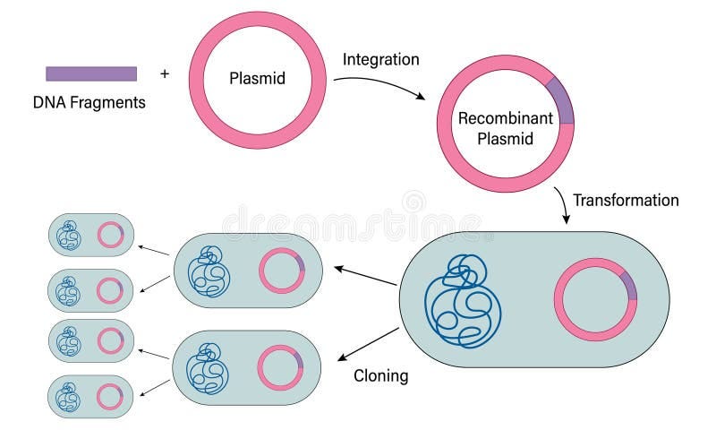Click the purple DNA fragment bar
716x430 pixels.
pos(91,73)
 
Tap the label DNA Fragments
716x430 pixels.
pos(89,102)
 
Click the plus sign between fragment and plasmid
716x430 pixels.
pos(164,73)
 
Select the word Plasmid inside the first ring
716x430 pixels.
pos(256,78)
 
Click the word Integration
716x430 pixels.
pos(380,60)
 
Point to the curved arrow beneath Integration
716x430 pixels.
pos(380,85)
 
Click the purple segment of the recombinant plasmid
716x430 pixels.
pos(561,101)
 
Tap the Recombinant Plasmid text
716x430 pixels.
pos(504,128)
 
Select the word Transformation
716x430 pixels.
pos(626,200)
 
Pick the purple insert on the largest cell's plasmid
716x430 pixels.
pos(630,286)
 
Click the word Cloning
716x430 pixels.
pos(379,376)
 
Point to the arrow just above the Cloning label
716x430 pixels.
pos(367,345)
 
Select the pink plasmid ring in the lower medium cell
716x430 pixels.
pos(281,368)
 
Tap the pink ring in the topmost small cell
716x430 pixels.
pos(111,235)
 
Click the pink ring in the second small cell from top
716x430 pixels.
pos(111,290)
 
